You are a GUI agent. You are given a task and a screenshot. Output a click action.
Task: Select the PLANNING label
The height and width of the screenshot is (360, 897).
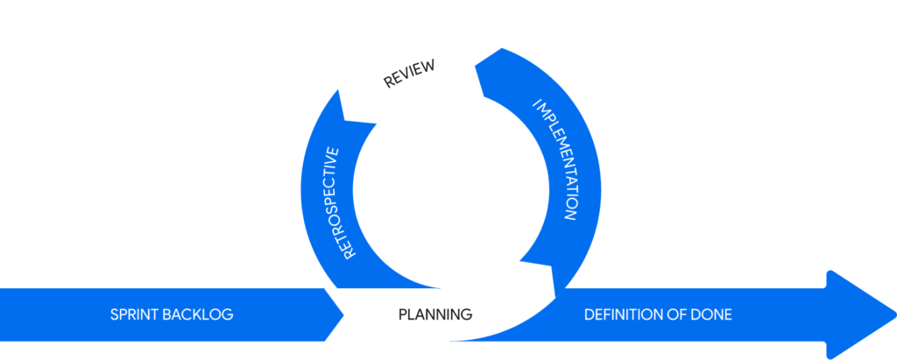coord(435,314)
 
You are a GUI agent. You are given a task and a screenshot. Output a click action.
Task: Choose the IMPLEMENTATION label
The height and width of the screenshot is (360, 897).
coord(555,161)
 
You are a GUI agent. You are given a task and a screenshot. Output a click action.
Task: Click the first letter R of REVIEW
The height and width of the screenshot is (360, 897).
coord(387,84)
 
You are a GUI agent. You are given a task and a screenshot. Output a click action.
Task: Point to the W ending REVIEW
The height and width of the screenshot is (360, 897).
coord(431,67)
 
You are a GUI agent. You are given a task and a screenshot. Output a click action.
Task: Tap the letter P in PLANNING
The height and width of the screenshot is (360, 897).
coord(403,314)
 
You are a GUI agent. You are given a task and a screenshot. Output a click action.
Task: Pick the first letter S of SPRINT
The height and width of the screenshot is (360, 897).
coord(115,314)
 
